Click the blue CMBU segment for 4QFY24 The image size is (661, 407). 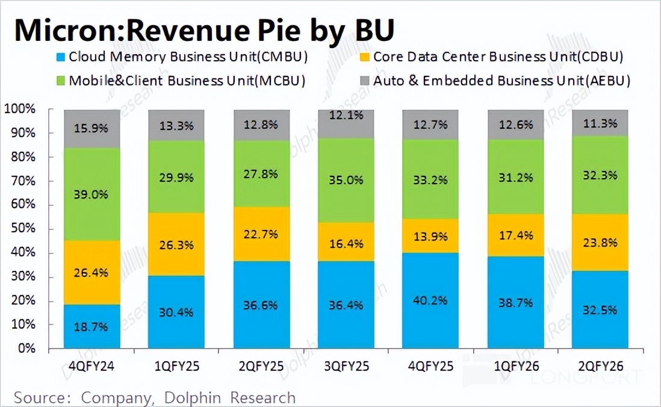click(x=92, y=326)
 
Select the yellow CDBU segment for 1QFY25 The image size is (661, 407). click(x=176, y=244)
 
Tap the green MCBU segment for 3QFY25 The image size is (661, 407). click(x=346, y=181)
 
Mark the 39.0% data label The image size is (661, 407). click(x=92, y=194)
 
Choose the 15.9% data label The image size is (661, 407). click(x=92, y=128)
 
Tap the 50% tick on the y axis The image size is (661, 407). click(x=23, y=229)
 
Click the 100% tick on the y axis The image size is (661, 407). click(x=20, y=109)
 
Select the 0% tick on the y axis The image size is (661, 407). click(x=25, y=348)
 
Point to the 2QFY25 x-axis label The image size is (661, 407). click(x=261, y=365)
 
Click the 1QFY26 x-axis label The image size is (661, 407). click(x=515, y=365)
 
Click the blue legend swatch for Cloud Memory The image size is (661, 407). click(x=60, y=58)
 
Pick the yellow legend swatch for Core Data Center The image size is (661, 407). click(x=364, y=58)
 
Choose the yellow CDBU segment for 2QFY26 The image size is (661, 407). click(x=600, y=243)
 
